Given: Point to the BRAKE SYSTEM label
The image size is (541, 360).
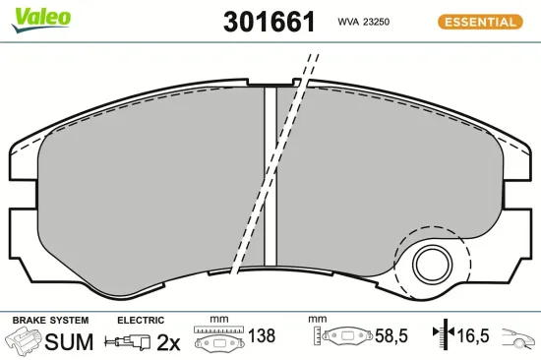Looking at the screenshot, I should click(x=50, y=321).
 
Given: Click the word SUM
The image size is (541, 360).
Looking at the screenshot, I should click(x=68, y=342).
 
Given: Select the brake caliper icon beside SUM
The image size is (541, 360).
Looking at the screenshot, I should click(x=23, y=342).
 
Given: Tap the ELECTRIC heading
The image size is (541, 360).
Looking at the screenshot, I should click(x=141, y=321).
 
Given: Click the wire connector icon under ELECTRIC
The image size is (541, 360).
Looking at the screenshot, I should click(x=130, y=342).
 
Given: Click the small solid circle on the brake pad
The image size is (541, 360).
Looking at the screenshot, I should click(x=430, y=263).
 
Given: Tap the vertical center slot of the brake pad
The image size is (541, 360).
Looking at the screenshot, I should click(x=270, y=177).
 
